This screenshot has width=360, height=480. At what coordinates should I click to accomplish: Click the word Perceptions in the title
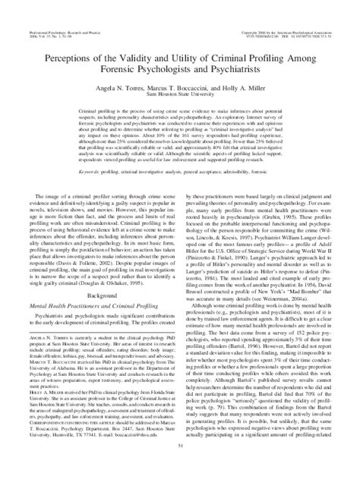[68, 58]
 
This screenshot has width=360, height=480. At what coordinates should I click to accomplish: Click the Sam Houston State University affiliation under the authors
[180, 96]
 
